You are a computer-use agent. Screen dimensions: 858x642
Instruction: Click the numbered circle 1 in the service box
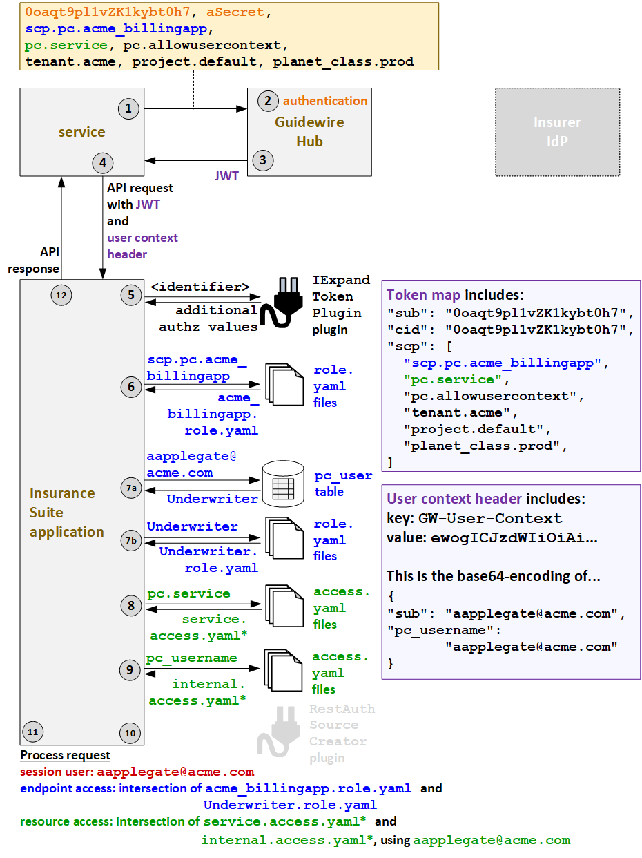128,108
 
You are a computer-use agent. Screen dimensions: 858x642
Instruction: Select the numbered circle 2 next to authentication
267,101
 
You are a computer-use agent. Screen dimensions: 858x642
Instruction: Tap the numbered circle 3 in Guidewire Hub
262,160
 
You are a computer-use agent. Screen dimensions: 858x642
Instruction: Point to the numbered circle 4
103,163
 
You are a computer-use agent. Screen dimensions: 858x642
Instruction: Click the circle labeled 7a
131,488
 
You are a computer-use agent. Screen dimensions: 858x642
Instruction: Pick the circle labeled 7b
131,540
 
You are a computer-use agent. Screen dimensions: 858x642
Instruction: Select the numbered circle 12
61,295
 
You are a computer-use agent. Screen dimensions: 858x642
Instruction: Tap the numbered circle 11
32,732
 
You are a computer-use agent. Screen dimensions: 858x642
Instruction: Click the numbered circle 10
130,733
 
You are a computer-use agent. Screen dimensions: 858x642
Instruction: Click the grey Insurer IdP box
557,132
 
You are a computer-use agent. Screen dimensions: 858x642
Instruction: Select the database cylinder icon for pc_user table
283,481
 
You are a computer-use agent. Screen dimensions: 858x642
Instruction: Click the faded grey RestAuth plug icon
278,732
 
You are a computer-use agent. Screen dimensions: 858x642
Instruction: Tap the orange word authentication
325,101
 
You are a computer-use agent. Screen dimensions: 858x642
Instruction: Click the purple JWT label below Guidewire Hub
226,176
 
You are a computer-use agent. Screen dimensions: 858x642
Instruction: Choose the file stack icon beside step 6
284,385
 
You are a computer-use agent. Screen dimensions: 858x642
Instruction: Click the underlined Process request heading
65,755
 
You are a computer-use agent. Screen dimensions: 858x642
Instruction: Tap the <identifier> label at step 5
200,287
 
